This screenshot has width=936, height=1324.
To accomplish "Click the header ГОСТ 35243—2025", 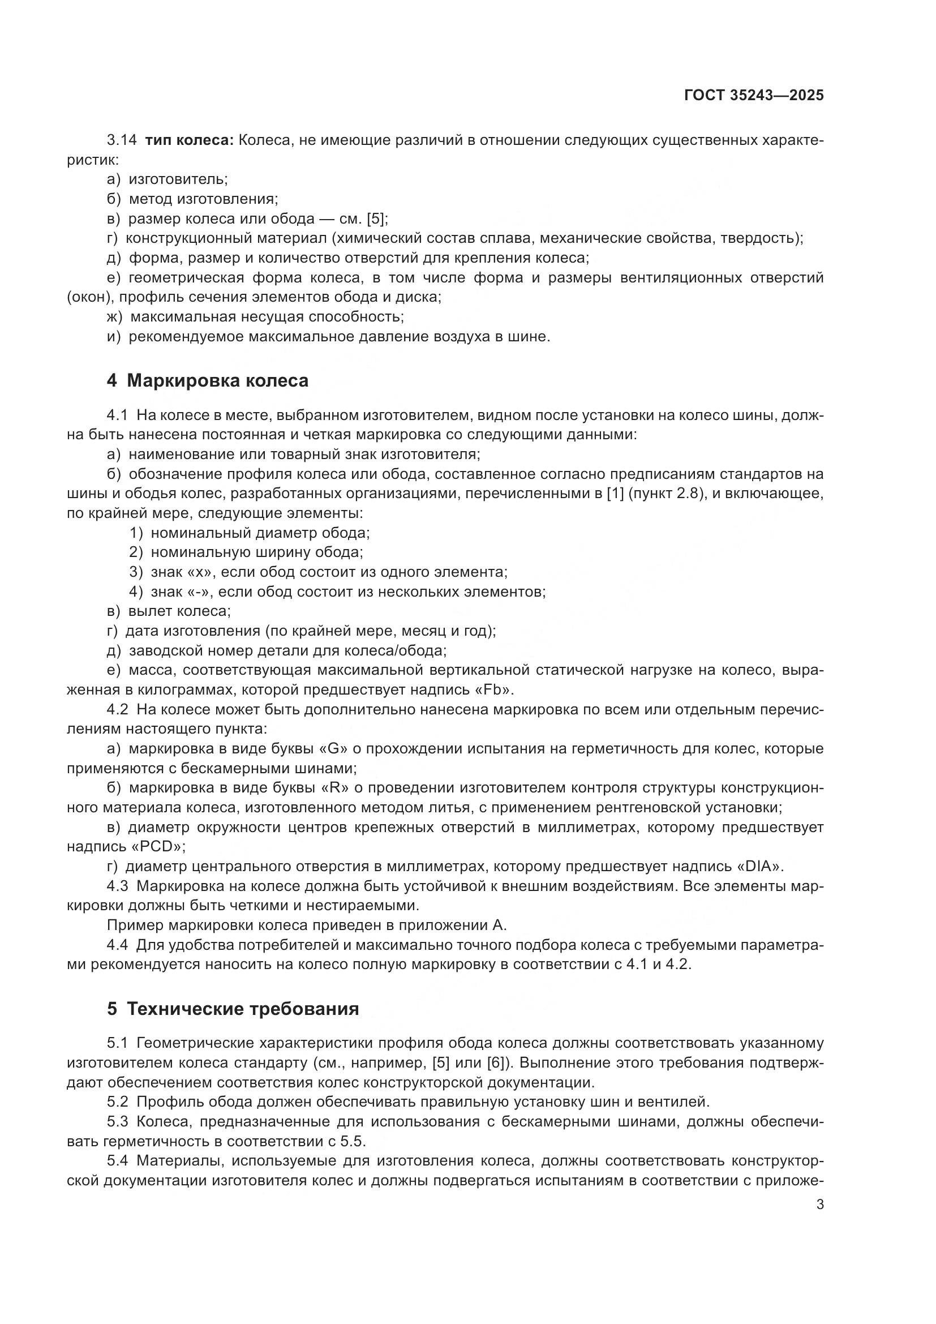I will click(754, 96).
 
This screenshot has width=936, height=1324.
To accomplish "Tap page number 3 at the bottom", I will click(820, 1205).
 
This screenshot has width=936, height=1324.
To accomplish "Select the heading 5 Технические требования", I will click(233, 1009).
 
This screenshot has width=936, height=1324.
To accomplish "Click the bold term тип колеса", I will click(188, 140).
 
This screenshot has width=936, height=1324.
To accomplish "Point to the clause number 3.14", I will click(122, 140).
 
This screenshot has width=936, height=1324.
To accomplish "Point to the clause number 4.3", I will click(118, 886).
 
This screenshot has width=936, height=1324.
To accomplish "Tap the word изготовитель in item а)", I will click(178, 179).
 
